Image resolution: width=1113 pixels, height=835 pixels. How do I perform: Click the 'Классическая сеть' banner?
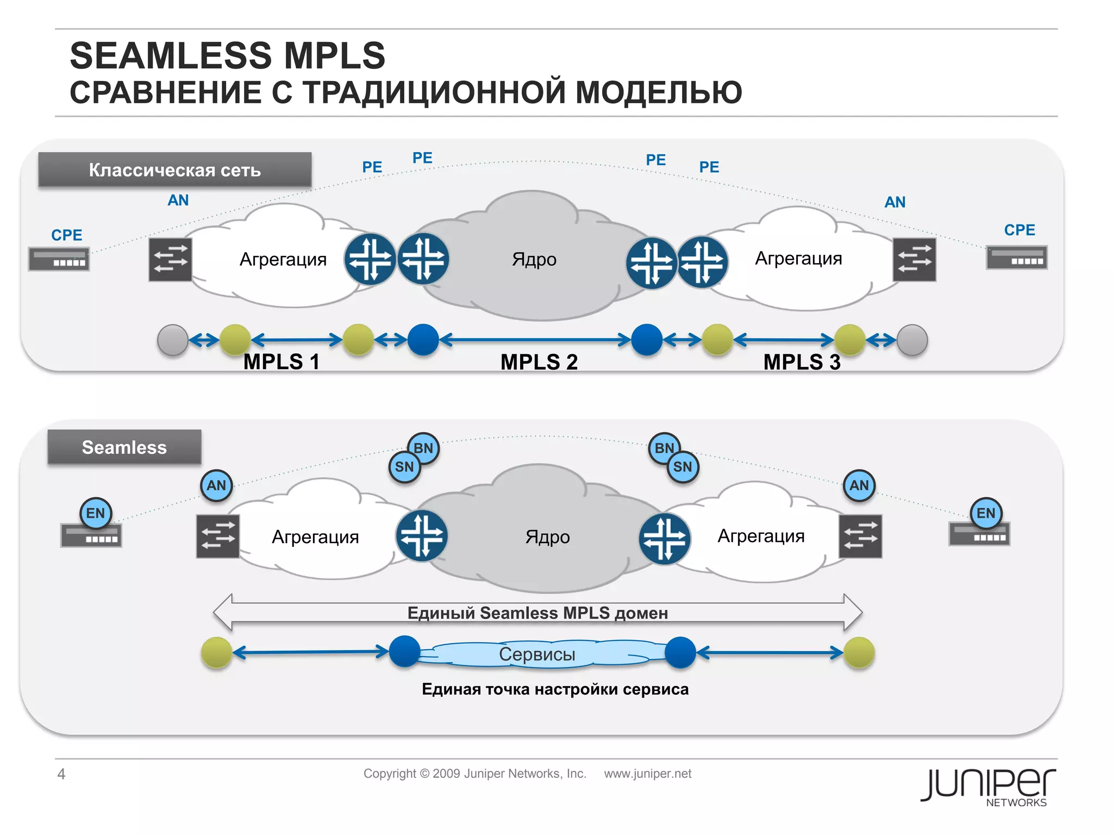[174, 170]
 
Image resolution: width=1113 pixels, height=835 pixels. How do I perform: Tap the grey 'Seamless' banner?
[124, 447]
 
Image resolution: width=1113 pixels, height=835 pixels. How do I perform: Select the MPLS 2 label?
[539, 362]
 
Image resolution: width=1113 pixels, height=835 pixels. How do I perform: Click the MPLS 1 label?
[281, 362]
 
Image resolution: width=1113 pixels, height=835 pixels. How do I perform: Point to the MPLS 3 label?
[802, 362]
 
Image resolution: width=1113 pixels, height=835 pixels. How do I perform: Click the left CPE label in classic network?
[66, 235]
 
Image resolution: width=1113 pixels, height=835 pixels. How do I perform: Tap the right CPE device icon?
[1016, 258]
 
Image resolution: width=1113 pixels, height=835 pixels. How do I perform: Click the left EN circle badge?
[96, 513]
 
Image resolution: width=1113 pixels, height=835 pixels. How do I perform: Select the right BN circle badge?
[664, 448]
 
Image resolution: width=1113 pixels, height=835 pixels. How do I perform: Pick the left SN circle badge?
[404, 467]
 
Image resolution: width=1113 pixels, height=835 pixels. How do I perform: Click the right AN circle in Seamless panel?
[859, 485]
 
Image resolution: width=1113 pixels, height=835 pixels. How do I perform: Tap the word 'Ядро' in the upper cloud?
[534, 259]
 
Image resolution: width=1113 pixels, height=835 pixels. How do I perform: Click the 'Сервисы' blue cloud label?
[537, 654]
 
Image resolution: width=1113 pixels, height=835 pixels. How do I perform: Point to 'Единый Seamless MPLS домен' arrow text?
[537, 613]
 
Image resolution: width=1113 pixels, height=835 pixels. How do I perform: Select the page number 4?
[61, 774]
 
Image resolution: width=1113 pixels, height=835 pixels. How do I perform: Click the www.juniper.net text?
[647, 774]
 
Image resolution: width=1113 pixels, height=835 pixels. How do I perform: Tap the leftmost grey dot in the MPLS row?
[173, 340]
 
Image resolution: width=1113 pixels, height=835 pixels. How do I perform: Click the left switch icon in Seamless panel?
[217, 537]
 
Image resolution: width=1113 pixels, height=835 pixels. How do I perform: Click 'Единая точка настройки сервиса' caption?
[555, 689]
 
